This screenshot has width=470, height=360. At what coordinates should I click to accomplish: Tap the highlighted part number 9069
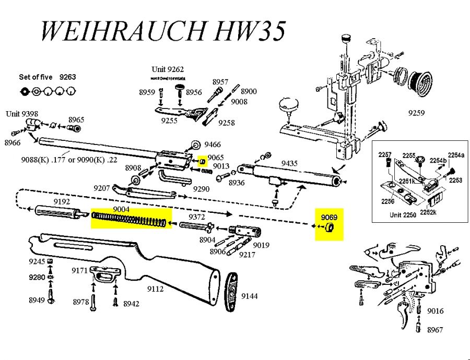329,217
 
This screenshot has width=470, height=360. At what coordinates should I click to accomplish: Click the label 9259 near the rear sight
416,112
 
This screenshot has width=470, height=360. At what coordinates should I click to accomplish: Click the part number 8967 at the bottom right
435,330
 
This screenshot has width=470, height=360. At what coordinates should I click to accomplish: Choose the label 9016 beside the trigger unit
435,311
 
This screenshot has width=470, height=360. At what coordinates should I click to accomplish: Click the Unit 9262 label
168,69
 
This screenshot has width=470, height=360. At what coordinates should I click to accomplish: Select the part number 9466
213,145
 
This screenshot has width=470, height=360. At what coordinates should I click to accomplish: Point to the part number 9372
196,217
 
